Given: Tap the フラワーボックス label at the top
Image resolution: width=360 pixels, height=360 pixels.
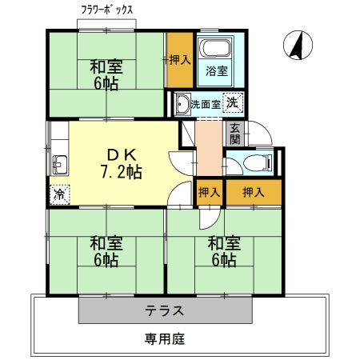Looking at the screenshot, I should (x=107, y=10).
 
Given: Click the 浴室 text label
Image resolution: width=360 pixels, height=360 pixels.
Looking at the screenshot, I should (x=217, y=71).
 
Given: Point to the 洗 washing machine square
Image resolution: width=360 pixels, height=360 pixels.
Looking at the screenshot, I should (x=231, y=102).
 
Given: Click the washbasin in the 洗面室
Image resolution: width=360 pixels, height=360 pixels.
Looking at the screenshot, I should (x=182, y=103).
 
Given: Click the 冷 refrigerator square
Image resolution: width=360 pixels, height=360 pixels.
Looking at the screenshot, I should (x=59, y=194).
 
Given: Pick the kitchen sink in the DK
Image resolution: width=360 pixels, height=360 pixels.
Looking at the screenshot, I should (x=59, y=165).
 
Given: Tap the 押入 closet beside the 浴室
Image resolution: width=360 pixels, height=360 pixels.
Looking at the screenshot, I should (x=179, y=60).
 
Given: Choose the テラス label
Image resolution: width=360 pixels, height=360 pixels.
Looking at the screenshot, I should (x=166, y=310).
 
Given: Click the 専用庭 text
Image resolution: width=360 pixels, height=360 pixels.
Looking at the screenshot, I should (x=165, y=338).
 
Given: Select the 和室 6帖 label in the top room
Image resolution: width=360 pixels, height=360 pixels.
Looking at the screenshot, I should (x=105, y=76).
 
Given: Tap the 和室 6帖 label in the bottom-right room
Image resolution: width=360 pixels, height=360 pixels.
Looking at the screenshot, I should (x=222, y=250).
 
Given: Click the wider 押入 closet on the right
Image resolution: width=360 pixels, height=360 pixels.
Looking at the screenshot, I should (x=254, y=192).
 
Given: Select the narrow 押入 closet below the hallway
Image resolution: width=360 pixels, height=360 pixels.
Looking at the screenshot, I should (x=209, y=192).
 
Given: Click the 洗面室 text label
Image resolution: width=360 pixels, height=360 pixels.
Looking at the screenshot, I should (x=206, y=103).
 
